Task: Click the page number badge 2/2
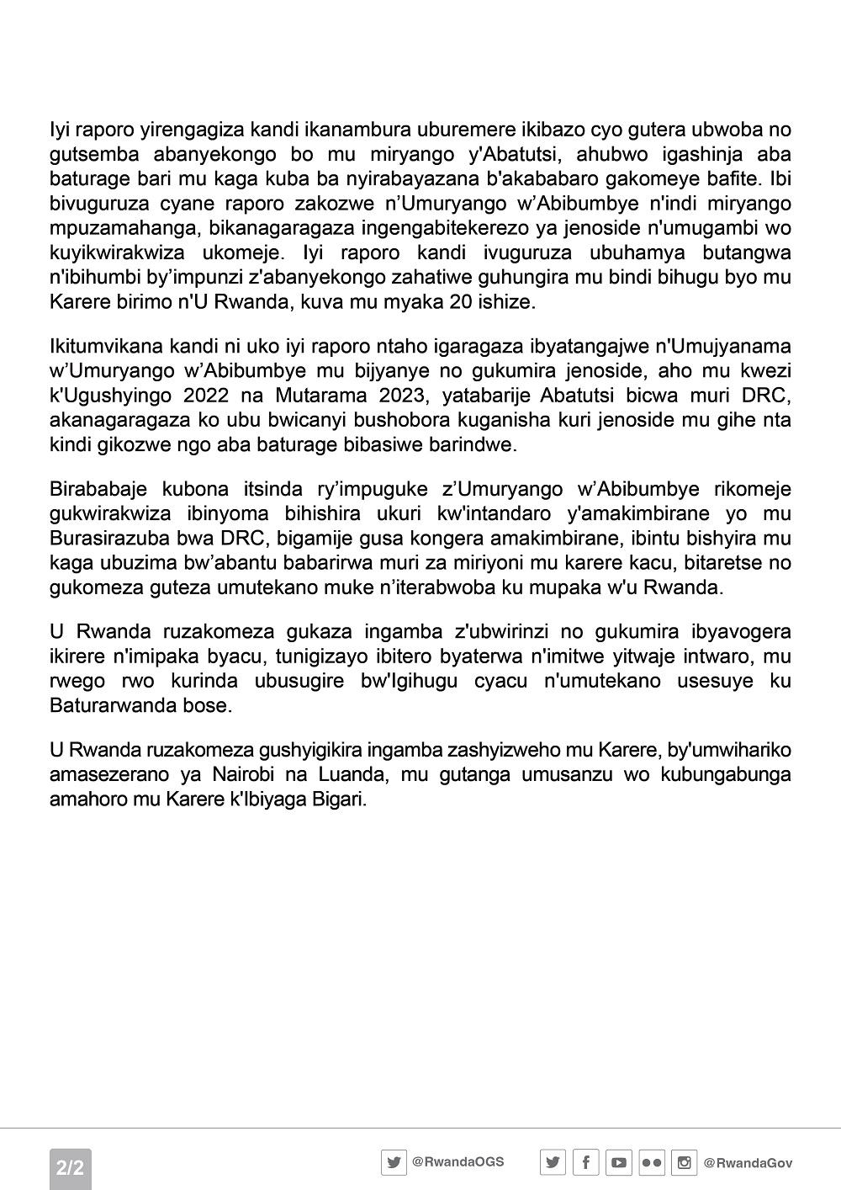point(70,1167)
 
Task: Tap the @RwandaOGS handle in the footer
point(458,1161)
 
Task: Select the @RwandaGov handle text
point(748,1163)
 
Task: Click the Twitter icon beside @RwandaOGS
point(394,1162)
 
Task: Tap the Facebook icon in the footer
point(585,1163)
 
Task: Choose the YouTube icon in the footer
point(618,1163)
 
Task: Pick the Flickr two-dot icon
point(652,1163)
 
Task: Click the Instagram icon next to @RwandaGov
point(685,1163)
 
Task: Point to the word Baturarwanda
point(117,705)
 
